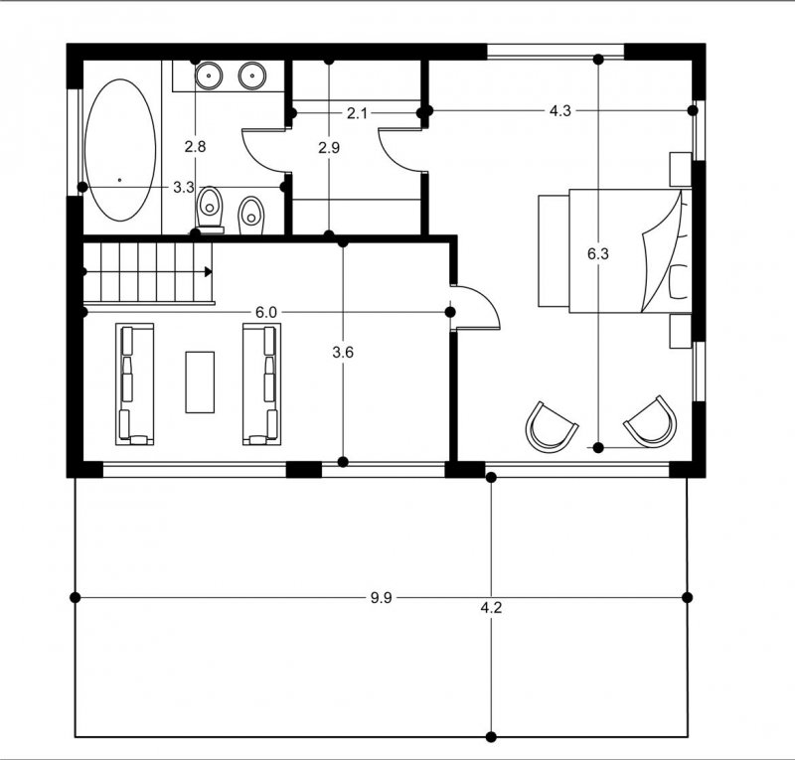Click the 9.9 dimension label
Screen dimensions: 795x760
[x=381, y=598]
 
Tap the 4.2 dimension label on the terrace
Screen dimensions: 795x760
[x=491, y=607]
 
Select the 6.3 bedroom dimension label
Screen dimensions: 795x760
[x=598, y=254]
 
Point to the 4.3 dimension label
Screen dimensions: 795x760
[x=560, y=110]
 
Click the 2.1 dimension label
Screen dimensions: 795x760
[x=357, y=113]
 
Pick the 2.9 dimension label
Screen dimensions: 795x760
[x=329, y=148]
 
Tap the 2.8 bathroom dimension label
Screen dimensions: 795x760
[x=195, y=147]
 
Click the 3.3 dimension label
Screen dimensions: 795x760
[x=184, y=188]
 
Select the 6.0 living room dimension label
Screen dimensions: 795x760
[x=266, y=312]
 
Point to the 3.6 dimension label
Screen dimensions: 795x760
[x=343, y=352]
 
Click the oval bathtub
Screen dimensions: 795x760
[x=120, y=150]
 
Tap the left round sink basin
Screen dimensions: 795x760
[x=209, y=76]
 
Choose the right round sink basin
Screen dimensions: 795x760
[x=252, y=76]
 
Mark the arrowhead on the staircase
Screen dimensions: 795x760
[x=208, y=272]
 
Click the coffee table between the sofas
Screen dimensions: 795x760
[x=200, y=382]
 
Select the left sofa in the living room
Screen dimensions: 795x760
[x=135, y=384]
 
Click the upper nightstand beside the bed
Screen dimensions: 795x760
[x=681, y=169]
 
